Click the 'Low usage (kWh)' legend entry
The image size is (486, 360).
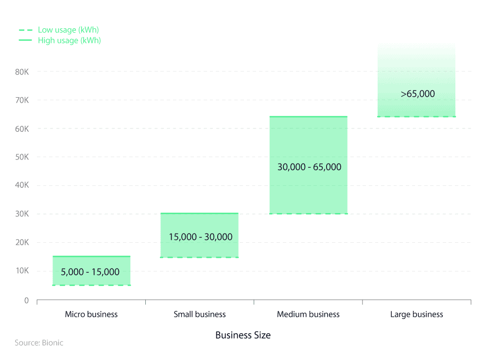pyautogui.click(x=68, y=30)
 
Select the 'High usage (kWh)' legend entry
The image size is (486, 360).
pyautogui.click(x=69, y=40)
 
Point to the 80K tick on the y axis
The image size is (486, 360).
pyautogui.click(x=22, y=72)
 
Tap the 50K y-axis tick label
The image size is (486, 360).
pyautogui.click(x=22, y=157)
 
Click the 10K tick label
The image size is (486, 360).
pyautogui.click(x=22, y=271)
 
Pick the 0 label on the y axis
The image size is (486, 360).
pyautogui.click(x=27, y=301)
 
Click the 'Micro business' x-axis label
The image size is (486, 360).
pyautogui.click(x=91, y=314)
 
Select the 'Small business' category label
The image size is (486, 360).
pyautogui.click(x=200, y=314)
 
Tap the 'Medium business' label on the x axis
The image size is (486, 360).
pyautogui.click(x=308, y=314)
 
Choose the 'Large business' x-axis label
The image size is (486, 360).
pyautogui.click(x=417, y=314)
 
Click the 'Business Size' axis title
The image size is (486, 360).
pyautogui.click(x=243, y=335)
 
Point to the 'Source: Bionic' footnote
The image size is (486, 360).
pyautogui.click(x=39, y=343)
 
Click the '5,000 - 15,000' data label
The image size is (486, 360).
pyautogui.click(x=90, y=272)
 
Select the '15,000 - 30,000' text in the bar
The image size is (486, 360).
pyautogui.click(x=201, y=237)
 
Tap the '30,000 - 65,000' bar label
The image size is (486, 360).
pyautogui.click(x=309, y=167)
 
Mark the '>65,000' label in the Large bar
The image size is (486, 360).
pyautogui.click(x=417, y=94)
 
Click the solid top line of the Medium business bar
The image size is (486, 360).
pyautogui.click(x=309, y=117)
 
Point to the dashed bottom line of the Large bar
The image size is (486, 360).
pyautogui.click(x=417, y=117)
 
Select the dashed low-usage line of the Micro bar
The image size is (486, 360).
pyautogui.click(x=91, y=285)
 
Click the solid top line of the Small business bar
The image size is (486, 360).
pyautogui.click(x=200, y=213)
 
